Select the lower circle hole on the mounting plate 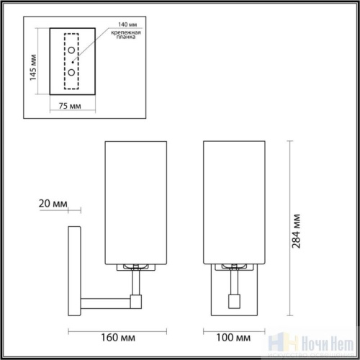click(71, 73)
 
